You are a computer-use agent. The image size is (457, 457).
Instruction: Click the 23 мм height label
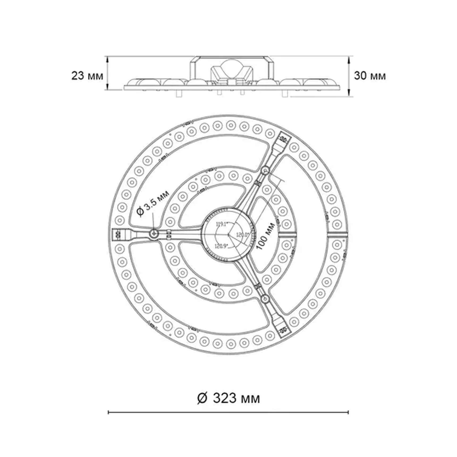tap(87, 76)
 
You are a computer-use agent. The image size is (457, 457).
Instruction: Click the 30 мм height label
tap(370, 76)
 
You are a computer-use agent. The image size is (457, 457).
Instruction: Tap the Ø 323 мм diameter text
tap(228, 398)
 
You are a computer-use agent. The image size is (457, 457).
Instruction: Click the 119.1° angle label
tap(222, 224)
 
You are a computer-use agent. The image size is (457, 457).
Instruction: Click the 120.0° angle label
tap(242, 235)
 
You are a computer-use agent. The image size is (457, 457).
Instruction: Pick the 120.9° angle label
tap(221, 246)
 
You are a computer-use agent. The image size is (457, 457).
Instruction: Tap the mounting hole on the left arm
tap(154, 234)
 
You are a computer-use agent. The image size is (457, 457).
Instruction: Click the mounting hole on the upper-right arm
tap(265, 170)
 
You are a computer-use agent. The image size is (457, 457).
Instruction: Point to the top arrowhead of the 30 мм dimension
tap(349, 59)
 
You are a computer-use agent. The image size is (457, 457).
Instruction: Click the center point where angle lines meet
tap(229, 234)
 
